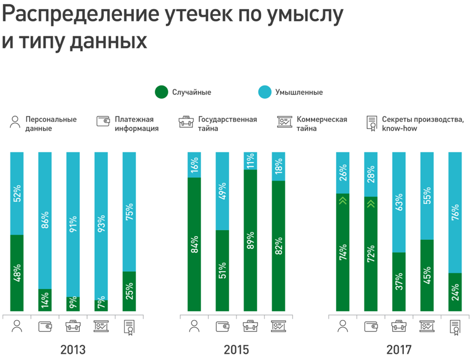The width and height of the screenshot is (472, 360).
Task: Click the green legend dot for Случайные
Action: (x=162, y=92)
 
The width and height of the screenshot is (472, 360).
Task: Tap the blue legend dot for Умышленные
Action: (x=265, y=92)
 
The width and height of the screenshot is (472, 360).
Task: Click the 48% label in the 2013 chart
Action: (x=17, y=273)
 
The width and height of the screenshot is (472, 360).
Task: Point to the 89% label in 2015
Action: (x=250, y=240)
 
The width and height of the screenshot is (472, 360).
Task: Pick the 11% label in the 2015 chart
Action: (x=250, y=161)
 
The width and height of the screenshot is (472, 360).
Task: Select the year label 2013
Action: (x=73, y=350)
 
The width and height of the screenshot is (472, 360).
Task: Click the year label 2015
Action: (x=236, y=350)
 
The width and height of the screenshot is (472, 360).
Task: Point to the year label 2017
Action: (x=399, y=350)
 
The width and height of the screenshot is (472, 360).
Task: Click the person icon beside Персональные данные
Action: (x=15, y=122)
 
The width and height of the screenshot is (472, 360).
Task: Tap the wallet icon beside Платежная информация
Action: (x=104, y=122)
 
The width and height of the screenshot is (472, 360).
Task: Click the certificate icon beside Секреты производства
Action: (x=372, y=123)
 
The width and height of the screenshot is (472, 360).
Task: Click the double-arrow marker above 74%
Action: (x=343, y=200)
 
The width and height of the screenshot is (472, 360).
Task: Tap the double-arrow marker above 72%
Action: (x=371, y=203)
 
